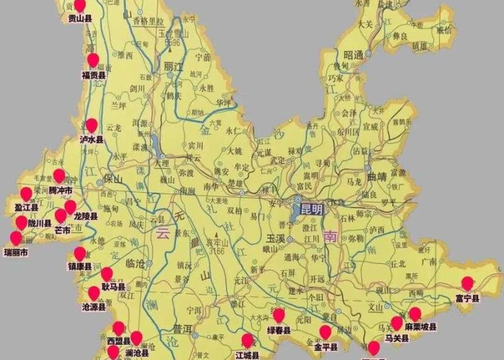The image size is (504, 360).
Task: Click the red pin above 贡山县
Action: [80, 6]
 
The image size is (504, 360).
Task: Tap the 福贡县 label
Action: [94, 74]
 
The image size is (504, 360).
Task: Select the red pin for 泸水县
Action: [91, 126]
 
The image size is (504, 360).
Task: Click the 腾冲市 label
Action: [60, 190]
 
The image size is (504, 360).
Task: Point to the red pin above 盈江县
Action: [26, 194]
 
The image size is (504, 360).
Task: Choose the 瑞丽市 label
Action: [15, 253]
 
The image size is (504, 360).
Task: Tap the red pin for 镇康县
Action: [80, 253]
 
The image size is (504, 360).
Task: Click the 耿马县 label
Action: [113, 286]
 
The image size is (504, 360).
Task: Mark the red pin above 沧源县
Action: [94, 293]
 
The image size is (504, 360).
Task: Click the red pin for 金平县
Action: [325, 332]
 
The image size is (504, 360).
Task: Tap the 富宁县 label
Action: [467, 299]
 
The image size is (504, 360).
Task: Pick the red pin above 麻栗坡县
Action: [415, 313]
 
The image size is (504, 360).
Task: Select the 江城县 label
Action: [247, 355]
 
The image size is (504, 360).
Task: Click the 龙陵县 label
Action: [85, 216]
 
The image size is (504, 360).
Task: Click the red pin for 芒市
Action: [61, 216]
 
